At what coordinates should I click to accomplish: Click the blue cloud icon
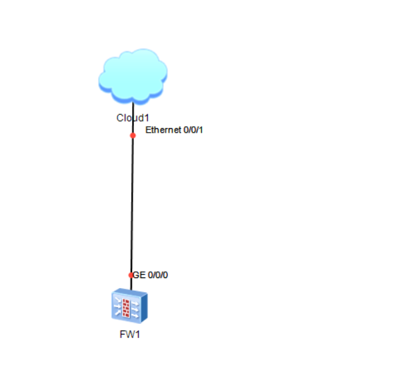click(x=133, y=76)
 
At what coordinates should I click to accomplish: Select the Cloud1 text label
click(x=132, y=117)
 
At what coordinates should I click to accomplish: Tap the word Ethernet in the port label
click(x=163, y=129)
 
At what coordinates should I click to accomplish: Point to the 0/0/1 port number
click(x=193, y=129)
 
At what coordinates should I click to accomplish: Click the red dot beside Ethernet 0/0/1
click(x=133, y=135)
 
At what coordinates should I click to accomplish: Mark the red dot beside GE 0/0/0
click(x=131, y=275)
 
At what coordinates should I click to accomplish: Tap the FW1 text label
click(x=130, y=334)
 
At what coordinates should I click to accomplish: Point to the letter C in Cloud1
click(x=119, y=117)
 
